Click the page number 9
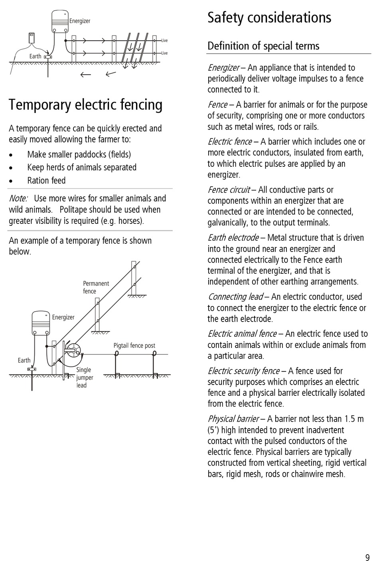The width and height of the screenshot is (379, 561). (x=367, y=557)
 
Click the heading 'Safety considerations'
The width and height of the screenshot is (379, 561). (x=269, y=18)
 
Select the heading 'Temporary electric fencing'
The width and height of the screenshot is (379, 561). (x=86, y=105)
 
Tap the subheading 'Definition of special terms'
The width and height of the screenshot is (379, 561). (x=263, y=46)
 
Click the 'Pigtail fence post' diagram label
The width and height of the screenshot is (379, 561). (x=134, y=346)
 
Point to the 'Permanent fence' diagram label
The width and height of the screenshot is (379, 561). (x=96, y=287)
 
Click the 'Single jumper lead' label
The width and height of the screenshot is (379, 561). (x=85, y=377)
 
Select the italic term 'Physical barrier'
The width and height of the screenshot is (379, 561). (x=233, y=419)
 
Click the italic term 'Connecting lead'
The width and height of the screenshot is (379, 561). (x=235, y=297)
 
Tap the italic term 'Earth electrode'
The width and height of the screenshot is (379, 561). (x=233, y=238)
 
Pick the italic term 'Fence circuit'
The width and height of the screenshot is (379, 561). (x=229, y=190)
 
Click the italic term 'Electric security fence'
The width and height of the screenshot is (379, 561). (x=243, y=371)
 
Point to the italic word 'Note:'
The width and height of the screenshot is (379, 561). (x=18, y=199)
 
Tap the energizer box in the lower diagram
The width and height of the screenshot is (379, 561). (x=41, y=323)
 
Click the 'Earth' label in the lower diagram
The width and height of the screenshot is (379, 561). (x=24, y=360)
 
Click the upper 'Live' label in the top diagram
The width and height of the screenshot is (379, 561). (x=164, y=40)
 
